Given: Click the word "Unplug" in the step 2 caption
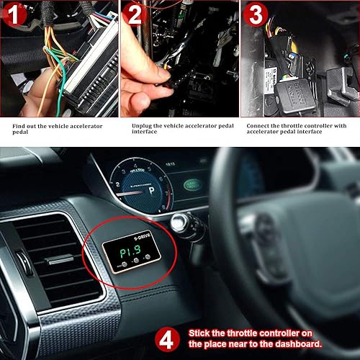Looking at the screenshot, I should [143, 125].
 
